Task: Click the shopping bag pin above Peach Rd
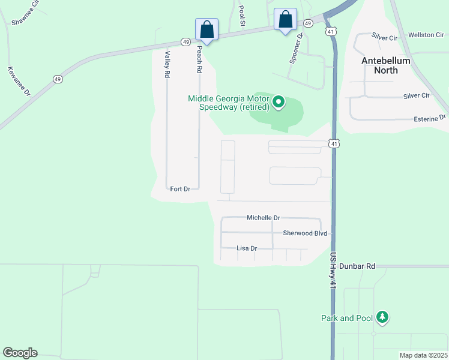click(206, 29)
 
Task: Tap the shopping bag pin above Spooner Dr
click(285, 19)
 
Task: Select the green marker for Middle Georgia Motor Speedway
click(279, 103)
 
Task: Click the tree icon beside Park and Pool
click(382, 317)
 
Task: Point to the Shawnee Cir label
click(25, 17)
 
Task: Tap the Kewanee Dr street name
click(17, 81)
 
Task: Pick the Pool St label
click(243, 16)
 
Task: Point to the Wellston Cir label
click(426, 35)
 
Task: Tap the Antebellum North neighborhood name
click(386, 65)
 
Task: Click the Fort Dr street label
click(180, 189)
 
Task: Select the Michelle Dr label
click(264, 218)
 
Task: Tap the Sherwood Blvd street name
click(305, 233)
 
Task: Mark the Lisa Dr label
click(247, 248)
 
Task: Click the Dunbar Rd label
click(357, 266)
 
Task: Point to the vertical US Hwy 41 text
click(333, 272)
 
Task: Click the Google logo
click(20, 353)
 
